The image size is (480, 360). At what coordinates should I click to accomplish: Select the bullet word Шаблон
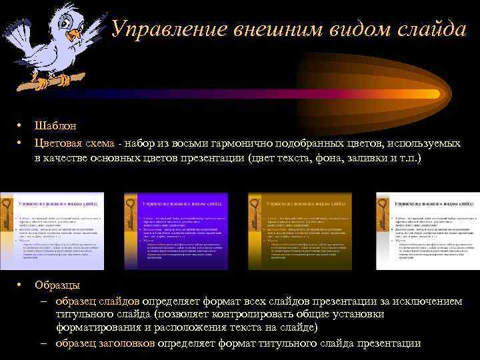(55, 125)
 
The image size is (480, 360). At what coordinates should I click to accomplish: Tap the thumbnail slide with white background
(427, 231)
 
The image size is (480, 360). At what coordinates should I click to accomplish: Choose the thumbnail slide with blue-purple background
(176, 231)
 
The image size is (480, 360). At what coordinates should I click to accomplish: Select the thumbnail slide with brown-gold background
(300, 231)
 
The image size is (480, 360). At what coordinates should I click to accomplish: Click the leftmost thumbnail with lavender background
(52, 231)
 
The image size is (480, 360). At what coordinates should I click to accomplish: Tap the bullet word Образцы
(57, 285)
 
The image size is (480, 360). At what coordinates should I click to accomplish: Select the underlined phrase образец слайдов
(97, 301)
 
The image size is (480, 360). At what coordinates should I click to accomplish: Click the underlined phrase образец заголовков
(105, 343)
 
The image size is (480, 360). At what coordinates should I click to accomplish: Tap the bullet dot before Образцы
(21, 285)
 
